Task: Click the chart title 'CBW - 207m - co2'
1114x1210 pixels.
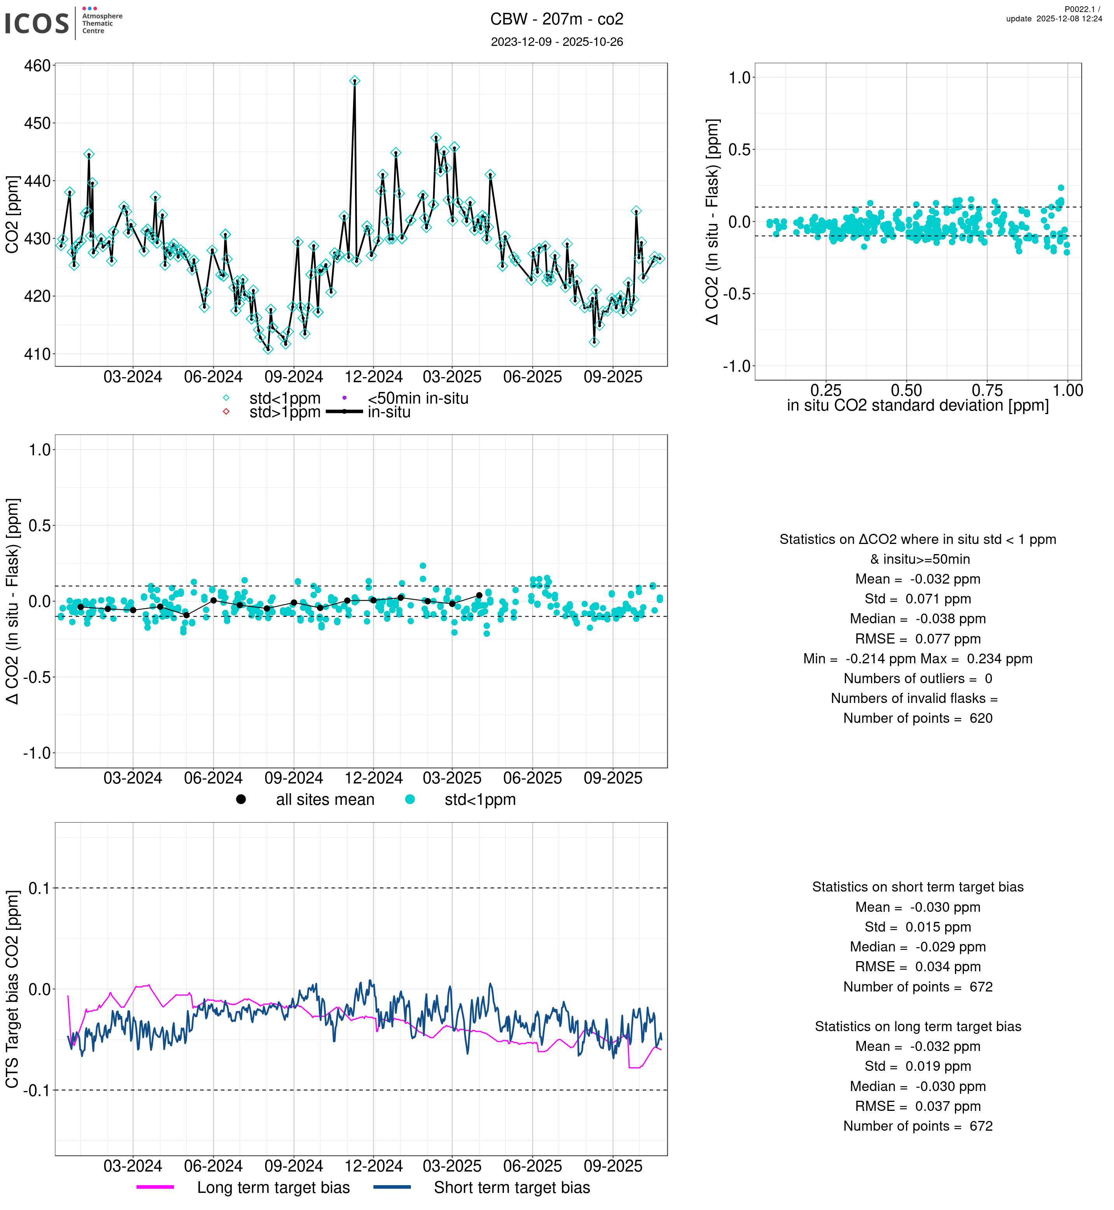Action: click(x=556, y=19)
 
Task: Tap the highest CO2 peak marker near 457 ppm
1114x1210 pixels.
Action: click(x=355, y=81)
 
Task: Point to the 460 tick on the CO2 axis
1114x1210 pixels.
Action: click(x=37, y=66)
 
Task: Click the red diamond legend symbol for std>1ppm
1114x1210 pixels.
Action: click(x=226, y=412)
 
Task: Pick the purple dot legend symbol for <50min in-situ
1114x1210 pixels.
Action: click(x=344, y=398)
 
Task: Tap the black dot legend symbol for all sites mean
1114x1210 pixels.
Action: click(x=241, y=799)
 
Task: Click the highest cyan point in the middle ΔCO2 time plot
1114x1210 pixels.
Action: click(x=423, y=565)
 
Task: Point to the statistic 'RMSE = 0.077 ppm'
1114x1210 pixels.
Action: click(x=918, y=639)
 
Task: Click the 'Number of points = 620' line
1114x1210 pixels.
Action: click(x=918, y=718)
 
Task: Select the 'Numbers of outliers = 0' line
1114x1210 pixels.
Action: click(x=918, y=679)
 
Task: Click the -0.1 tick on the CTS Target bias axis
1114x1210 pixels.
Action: click(x=37, y=1090)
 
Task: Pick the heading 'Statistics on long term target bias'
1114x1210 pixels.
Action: click(x=918, y=1027)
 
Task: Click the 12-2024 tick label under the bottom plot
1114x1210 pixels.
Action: click(x=373, y=1166)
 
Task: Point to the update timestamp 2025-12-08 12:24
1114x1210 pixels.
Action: click(x=1054, y=19)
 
